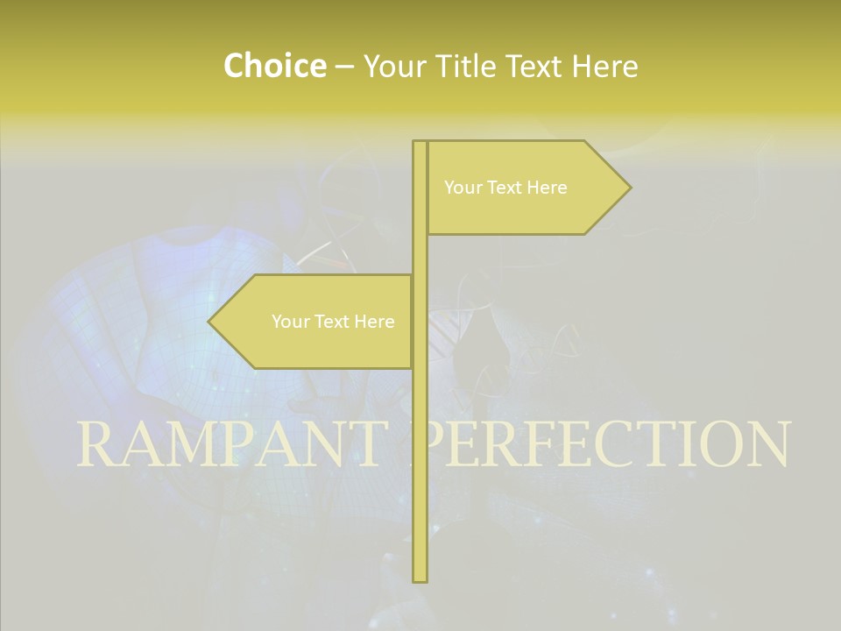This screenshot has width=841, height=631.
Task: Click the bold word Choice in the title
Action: point(274,66)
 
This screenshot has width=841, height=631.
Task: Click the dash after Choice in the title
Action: point(344,67)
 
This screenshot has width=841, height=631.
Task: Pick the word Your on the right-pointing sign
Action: point(462,188)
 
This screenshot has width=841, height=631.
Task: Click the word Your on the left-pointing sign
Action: point(289,322)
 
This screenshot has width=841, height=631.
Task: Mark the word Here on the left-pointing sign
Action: point(375,322)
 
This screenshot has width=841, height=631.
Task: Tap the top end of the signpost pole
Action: point(420,143)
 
